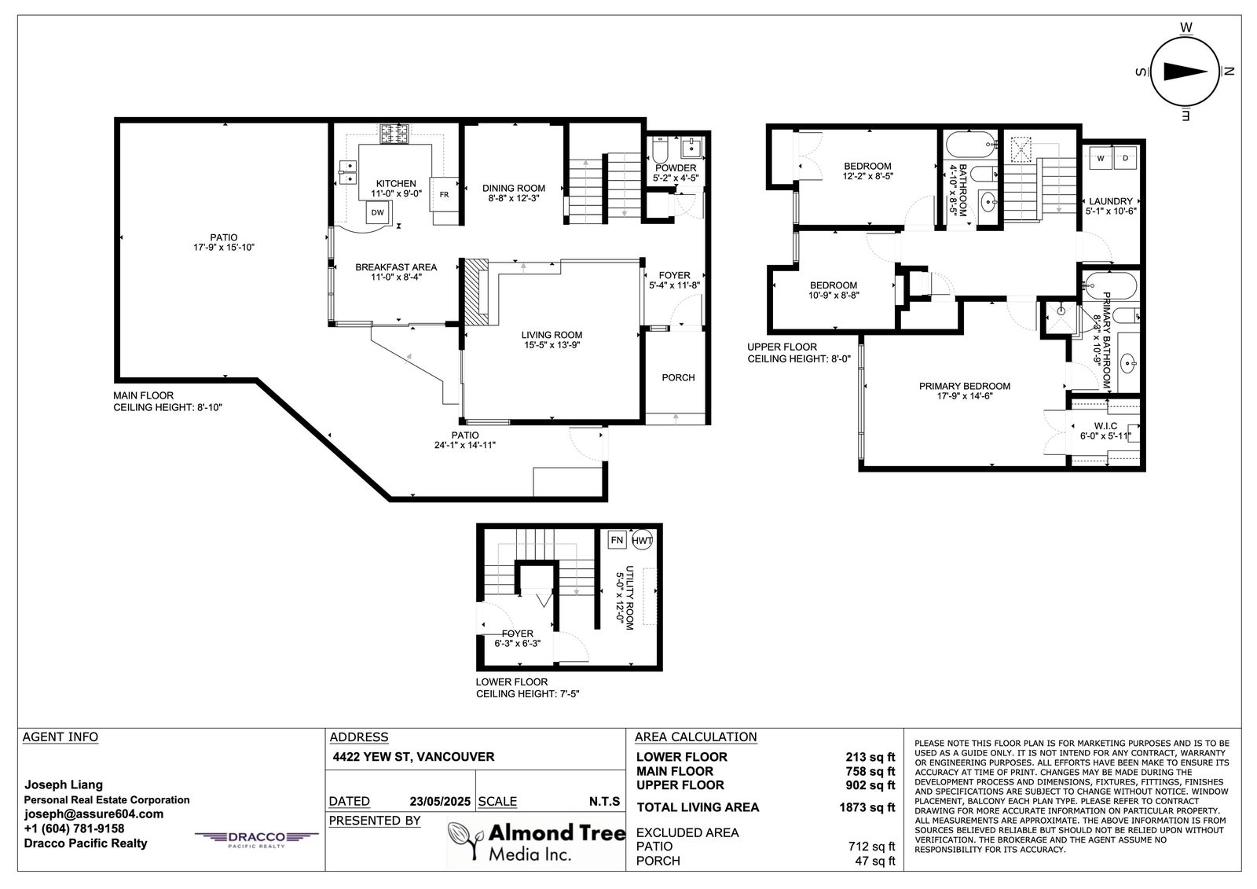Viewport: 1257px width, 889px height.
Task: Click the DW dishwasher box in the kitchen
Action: (x=378, y=212)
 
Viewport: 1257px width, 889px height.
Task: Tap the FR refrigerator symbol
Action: (x=445, y=194)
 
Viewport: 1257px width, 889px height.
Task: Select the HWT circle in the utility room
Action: (x=642, y=540)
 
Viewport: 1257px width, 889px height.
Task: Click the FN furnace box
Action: (x=618, y=540)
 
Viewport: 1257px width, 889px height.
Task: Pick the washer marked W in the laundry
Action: (x=1101, y=158)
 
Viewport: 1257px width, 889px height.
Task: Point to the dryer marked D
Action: (x=1125, y=158)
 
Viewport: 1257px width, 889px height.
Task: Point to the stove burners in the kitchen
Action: (x=394, y=134)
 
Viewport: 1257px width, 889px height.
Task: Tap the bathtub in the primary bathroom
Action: (x=1111, y=286)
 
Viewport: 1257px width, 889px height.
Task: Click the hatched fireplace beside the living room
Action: (x=476, y=292)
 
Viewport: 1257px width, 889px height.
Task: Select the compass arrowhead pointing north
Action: (x=1186, y=72)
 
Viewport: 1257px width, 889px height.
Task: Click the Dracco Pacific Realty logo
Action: (x=256, y=839)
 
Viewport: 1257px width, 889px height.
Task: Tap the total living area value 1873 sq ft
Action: (x=867, y=807)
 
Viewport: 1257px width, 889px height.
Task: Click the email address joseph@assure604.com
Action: (x=93, y=814)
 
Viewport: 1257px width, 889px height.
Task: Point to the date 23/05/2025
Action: (x=440, y=802)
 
